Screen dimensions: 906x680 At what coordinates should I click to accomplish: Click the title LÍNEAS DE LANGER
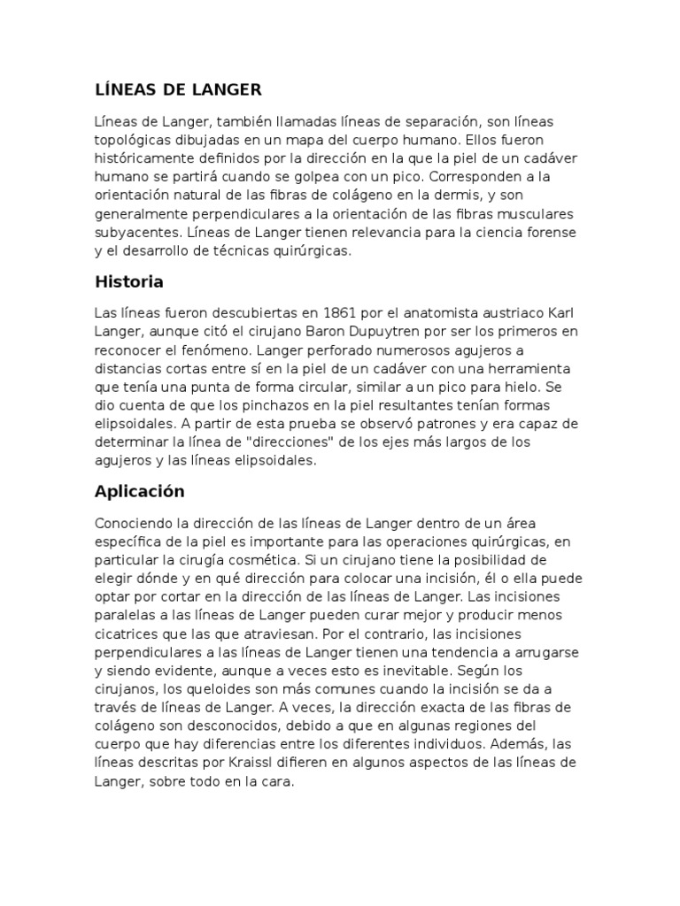[177, 89]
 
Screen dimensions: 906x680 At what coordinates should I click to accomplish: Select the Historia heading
[128, 282]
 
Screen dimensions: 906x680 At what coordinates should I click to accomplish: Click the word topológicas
[130, 140]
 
